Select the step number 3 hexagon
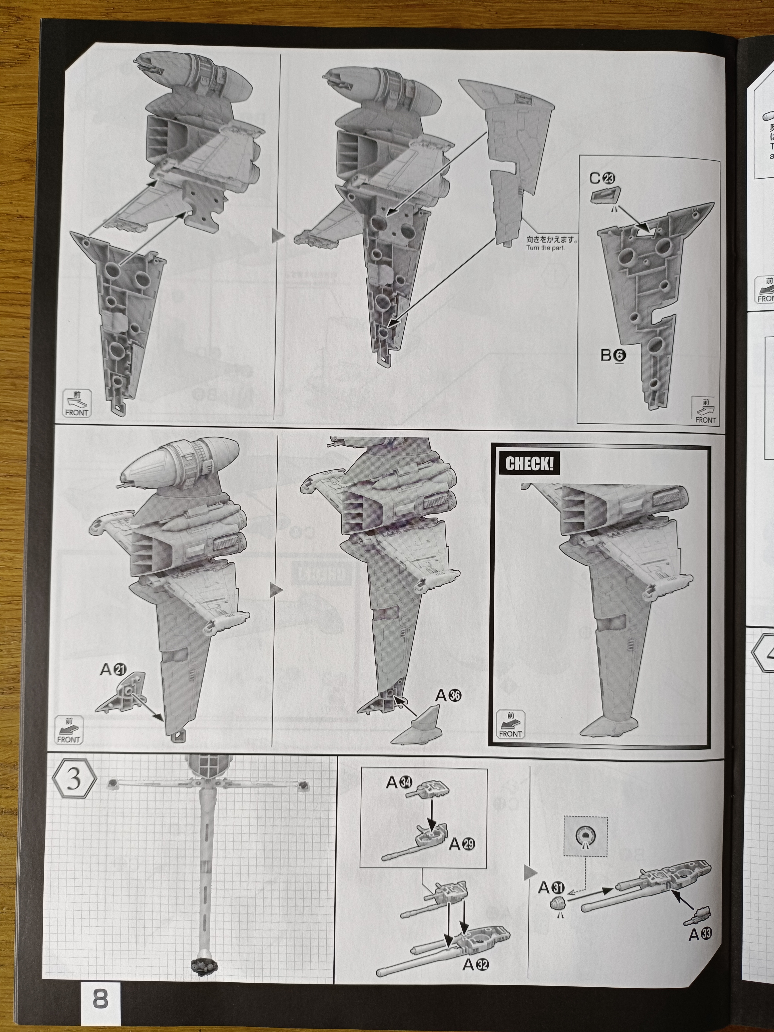click(x=74, y=780)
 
